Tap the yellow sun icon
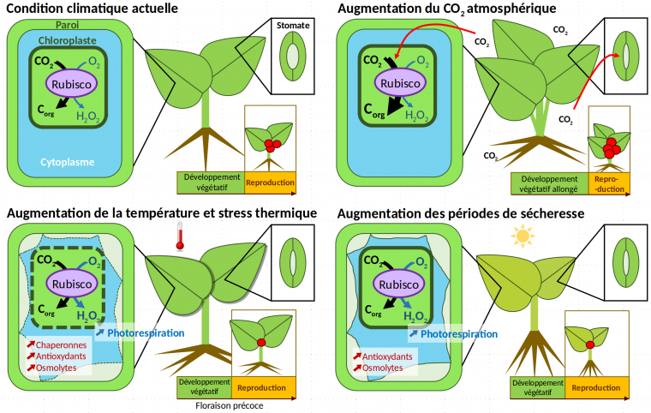(x=521, y=235)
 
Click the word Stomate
(x=294, y=26)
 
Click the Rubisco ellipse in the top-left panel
(x=73, y=86)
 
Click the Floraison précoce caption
(x=230, y=406)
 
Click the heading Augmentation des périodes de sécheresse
(x=462, y=212)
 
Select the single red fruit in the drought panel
(x=590, y=345)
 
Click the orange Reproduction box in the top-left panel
(x=270, y=183)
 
